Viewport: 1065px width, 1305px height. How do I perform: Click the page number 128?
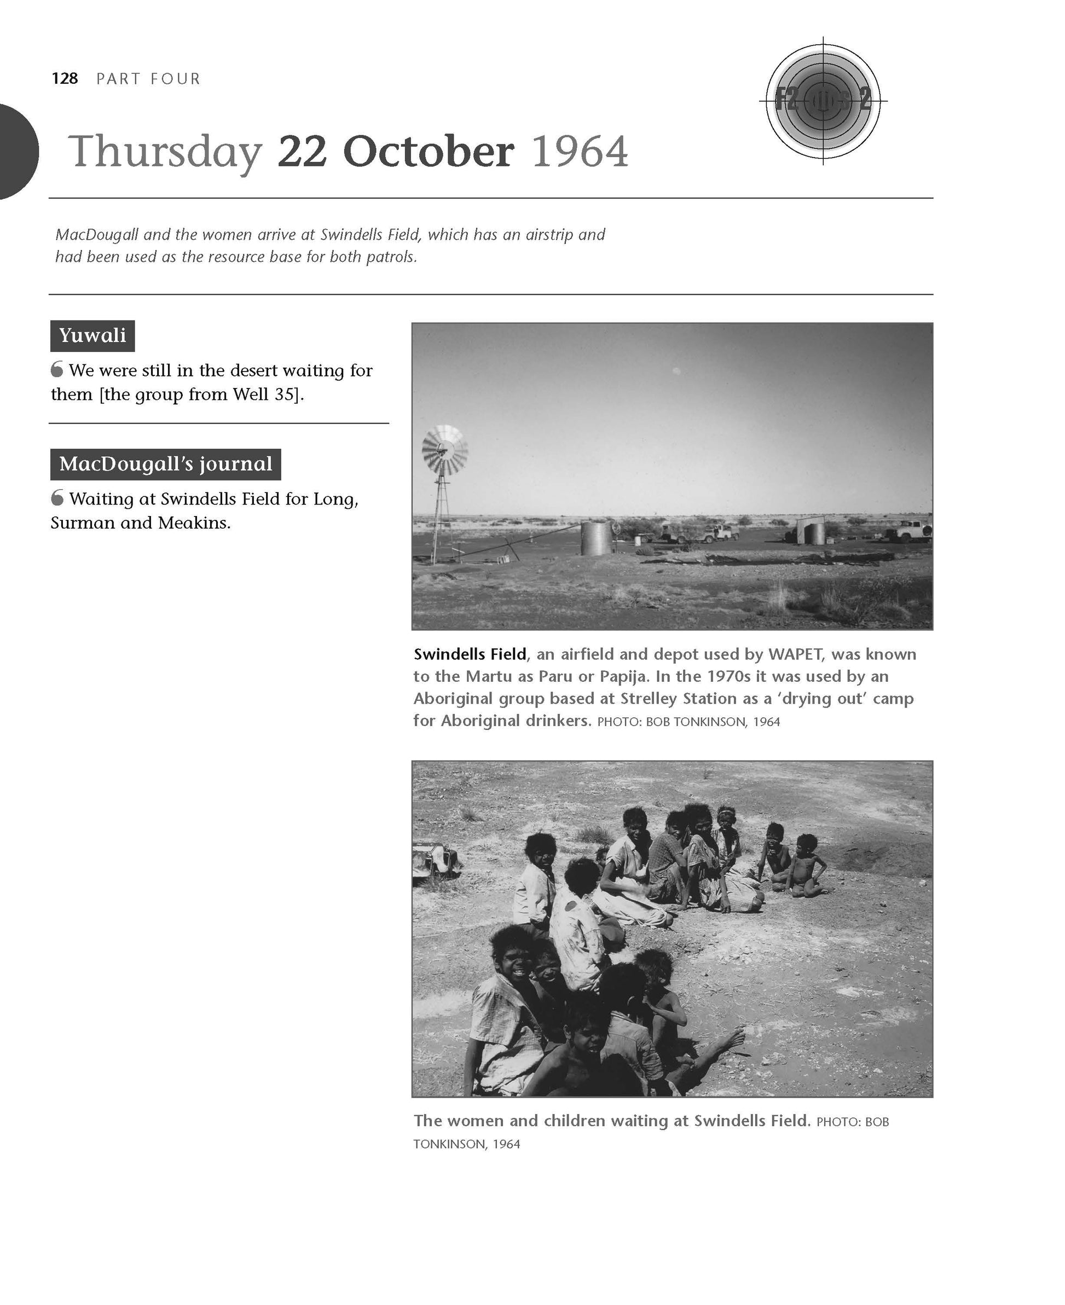[x=65, y=78]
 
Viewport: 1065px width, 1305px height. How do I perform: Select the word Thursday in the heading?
[x=164, y=152]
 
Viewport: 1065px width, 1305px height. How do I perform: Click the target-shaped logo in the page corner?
[x=823, y=100]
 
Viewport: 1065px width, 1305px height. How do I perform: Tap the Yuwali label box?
[x=92, y=335]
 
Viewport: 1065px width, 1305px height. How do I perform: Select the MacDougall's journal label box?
[x=166, y=464]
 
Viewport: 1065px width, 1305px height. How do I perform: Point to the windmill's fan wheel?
[x=445, y=450]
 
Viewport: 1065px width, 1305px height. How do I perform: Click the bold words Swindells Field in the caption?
[x=470, y=654]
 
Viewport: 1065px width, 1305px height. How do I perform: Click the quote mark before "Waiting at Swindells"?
[x=57, y=498]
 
